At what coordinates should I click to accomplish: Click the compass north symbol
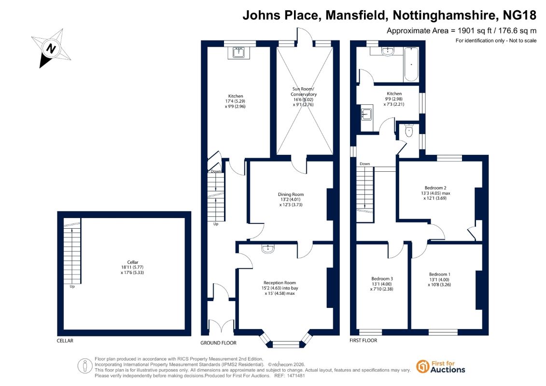51,48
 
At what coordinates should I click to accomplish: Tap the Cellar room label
132,267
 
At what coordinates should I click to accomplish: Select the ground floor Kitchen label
236,101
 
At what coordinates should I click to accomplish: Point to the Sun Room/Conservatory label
304,96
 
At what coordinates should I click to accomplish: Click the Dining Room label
291,199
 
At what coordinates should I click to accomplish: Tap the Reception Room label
280,288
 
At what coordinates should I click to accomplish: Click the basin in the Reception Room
268,248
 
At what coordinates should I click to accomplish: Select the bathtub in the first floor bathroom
411,64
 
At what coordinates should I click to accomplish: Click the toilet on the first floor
409,130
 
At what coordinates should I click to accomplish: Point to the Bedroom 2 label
435,193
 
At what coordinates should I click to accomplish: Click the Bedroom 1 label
439,279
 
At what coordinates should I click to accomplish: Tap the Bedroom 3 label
382,284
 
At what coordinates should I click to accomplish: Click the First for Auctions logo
440,367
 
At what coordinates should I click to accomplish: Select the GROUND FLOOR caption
218,343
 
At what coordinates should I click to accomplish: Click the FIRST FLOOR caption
363,341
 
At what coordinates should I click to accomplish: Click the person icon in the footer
84,366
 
